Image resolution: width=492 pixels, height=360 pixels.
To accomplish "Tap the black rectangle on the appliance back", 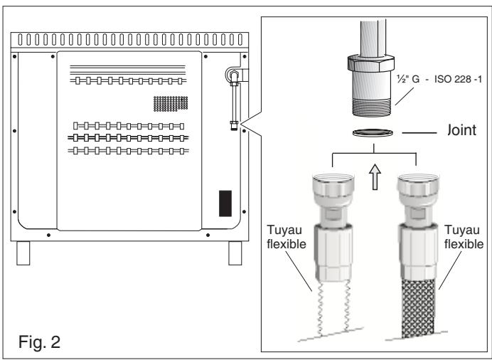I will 224,203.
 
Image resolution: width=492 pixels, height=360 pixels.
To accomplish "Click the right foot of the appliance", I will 235,251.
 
